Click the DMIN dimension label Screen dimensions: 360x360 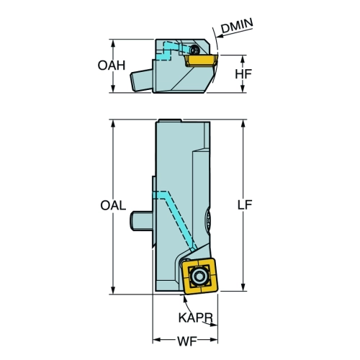click(237, 26)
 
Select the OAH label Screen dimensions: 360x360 click(112, 66)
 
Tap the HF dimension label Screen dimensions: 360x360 click(243, 74)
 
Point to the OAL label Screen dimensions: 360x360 click(113, 205)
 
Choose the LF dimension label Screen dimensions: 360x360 click(245, 205)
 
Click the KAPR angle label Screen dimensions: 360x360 click(196, 318)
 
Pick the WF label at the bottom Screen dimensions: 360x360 click(187, 341)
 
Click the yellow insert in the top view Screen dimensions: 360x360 click(202, 60)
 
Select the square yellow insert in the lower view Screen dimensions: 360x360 click(199, 276)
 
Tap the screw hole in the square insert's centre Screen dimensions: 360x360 click(199, 276)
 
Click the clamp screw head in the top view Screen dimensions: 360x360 click(194, 50)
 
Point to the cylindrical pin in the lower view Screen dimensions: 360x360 click(141, 221)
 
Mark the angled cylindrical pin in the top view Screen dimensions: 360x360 click(141, 81)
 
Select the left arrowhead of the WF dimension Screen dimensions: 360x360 click(156, 340)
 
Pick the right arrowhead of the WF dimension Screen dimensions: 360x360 click(214, 340)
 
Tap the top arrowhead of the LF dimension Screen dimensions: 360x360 click(243, 123)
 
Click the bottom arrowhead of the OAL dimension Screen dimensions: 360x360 click(113, 290)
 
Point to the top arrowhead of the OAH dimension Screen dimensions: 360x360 click(113, 43)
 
